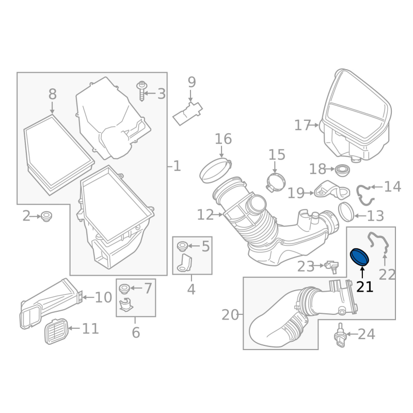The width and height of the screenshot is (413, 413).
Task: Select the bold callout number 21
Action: point(364,287)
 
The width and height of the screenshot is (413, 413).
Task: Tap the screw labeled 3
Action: point(142,91)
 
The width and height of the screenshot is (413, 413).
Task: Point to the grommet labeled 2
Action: point(46,216)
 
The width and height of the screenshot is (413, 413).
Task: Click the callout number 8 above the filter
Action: point(53,94)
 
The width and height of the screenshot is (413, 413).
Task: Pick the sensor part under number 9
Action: point(187,114)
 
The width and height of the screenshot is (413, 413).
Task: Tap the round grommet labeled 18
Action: point(342,170)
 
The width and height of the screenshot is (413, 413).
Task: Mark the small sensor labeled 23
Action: point(331,266)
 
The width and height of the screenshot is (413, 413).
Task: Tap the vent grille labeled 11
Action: point(56,331)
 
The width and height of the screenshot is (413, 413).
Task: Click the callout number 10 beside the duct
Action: point(103,298)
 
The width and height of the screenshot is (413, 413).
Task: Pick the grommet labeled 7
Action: point(123,289)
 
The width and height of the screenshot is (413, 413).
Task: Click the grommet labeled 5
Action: point(182,246)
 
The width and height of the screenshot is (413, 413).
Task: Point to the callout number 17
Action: point(303,125)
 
